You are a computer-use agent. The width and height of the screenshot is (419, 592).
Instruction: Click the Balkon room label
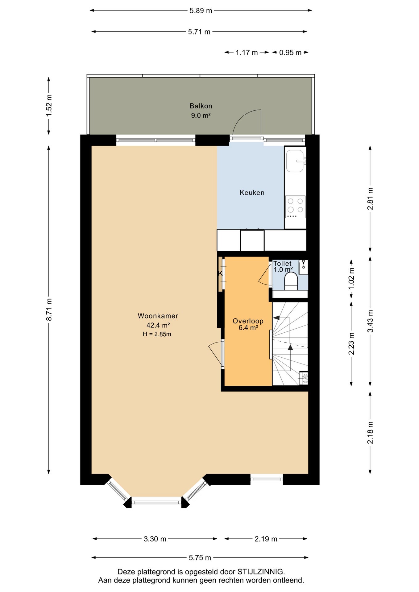[x=201, y=106]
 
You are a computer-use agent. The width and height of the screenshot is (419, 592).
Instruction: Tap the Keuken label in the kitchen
[x=252, y=193]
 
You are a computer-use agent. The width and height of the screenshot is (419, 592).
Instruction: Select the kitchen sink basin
[x=295, y=161]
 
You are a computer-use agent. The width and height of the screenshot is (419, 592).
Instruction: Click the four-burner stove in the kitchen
[x=295, y=207]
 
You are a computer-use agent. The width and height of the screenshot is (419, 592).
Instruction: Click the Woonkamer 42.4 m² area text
[x=158, y=325]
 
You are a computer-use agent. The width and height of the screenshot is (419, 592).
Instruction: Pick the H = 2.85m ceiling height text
[x=157, y=334]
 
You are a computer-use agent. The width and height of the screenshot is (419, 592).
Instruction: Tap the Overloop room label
[x=248, y=321]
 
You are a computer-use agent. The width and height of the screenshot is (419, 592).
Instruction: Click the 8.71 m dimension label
[x=49, y=309]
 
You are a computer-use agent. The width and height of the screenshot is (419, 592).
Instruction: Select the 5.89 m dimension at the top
[x=201, y=10]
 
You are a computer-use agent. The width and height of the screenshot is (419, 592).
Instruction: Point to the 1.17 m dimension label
[x=247, y=52]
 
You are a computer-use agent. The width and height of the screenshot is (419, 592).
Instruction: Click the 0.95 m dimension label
[x=290, y=52]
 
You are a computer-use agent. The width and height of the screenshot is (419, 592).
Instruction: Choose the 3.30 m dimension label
[x=155, y=539]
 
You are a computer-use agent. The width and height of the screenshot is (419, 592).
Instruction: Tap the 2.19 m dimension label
[x=266, y=539]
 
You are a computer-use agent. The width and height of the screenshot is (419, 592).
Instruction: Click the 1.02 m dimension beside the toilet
[x=351, y=279]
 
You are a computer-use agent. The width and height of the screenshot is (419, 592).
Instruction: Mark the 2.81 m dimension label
[x=370, y=199]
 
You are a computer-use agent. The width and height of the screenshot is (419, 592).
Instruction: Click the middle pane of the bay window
[x=156, y=502]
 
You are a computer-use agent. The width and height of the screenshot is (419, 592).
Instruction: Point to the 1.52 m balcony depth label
[x=49, y=105]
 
